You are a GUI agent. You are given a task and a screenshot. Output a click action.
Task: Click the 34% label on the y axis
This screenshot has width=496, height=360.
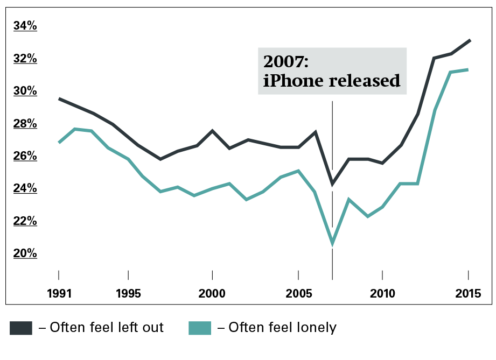tap(25, 26)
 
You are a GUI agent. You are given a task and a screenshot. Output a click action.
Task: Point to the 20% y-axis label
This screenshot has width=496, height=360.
tap(25, 253)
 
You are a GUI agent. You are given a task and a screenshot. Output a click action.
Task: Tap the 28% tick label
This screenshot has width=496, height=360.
tap(25, 124)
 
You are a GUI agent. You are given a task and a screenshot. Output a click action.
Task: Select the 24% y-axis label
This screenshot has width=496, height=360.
tap(25, 188)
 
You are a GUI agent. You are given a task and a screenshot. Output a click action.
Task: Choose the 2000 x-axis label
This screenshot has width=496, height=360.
tap(212, 294)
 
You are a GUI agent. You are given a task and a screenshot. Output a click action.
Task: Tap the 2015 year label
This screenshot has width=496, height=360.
tap(468, 294)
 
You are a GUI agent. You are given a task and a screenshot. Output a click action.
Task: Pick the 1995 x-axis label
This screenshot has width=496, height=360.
tap(128, 294)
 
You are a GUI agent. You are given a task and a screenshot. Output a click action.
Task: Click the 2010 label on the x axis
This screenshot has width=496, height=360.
tap(382, 294)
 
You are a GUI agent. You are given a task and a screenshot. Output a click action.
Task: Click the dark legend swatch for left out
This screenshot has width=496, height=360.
tap(20, 327)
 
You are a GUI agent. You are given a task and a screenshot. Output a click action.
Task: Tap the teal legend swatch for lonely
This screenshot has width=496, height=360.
tap(199, 327)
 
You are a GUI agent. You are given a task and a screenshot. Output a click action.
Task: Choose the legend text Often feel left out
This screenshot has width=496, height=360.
tap(101, 327)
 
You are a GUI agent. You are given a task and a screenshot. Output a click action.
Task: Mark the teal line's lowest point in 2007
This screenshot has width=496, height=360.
tap(332, 243)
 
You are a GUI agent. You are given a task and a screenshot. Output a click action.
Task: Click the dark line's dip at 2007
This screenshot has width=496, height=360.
tap(332, 184)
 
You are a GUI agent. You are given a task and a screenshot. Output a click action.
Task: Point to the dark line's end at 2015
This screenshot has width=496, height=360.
tap(470, 40)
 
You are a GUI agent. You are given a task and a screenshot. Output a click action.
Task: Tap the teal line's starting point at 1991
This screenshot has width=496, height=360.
tap(59, 143)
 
